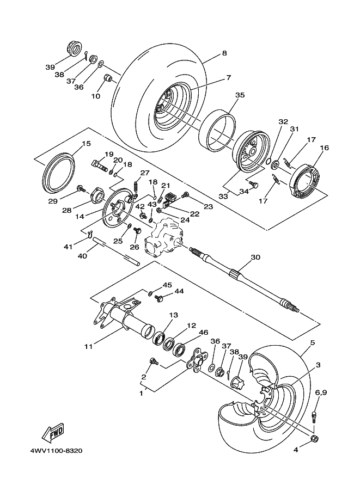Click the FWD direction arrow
(x=53, y=433)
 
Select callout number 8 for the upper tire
(x=224, y=53)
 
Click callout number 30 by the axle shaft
(x=255, y=257)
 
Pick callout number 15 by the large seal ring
(x=86, y=144)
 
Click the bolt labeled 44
(x=161, y=298)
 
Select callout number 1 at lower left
(x=142, y=392)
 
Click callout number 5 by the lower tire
(x=313, y=343)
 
